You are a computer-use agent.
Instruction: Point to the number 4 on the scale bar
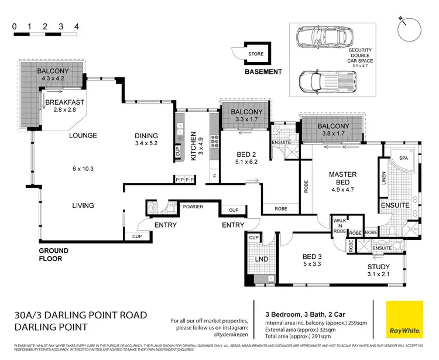[x=76, y=26]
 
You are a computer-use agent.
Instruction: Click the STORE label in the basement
[x=256, y=54]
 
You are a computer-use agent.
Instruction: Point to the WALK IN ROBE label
[x=339, y=225]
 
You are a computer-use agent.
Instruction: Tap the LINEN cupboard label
[x=384, y=178]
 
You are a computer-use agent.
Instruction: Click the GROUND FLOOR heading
[x=54, y=254]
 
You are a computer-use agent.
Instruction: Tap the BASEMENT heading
[x=263, y=72]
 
